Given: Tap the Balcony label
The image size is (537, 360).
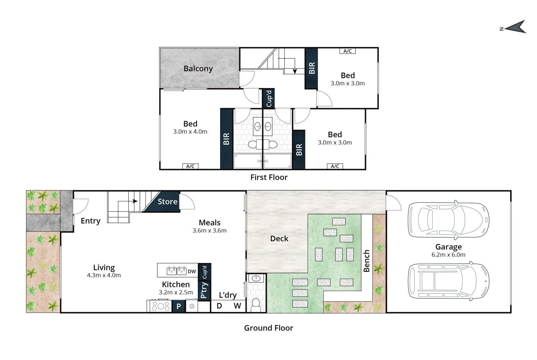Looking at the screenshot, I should [198, 69].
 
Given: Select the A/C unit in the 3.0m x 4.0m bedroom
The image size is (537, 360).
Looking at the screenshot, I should [190, 166].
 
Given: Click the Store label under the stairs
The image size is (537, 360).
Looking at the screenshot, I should [167, 202].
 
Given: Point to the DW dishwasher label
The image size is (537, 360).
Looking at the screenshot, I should [192, 271].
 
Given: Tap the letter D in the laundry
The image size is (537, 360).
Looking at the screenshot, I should [219, 306].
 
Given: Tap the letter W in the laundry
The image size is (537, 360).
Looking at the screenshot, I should [237, 306].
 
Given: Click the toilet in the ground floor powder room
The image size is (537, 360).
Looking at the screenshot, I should [256, 304].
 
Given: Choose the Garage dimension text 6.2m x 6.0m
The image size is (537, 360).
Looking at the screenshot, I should [449, 255].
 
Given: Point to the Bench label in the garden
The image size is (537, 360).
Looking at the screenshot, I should [366, 261].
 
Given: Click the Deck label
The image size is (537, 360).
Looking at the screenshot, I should [279, 239].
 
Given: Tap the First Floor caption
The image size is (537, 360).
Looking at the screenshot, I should [269, 177].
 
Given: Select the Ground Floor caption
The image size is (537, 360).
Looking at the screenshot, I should [268, 328].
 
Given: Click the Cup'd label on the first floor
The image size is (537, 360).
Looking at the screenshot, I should [269, 98].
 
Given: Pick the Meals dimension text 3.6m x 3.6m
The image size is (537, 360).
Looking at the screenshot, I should [209, 231].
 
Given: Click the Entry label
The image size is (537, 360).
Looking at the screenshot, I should [91, 221].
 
